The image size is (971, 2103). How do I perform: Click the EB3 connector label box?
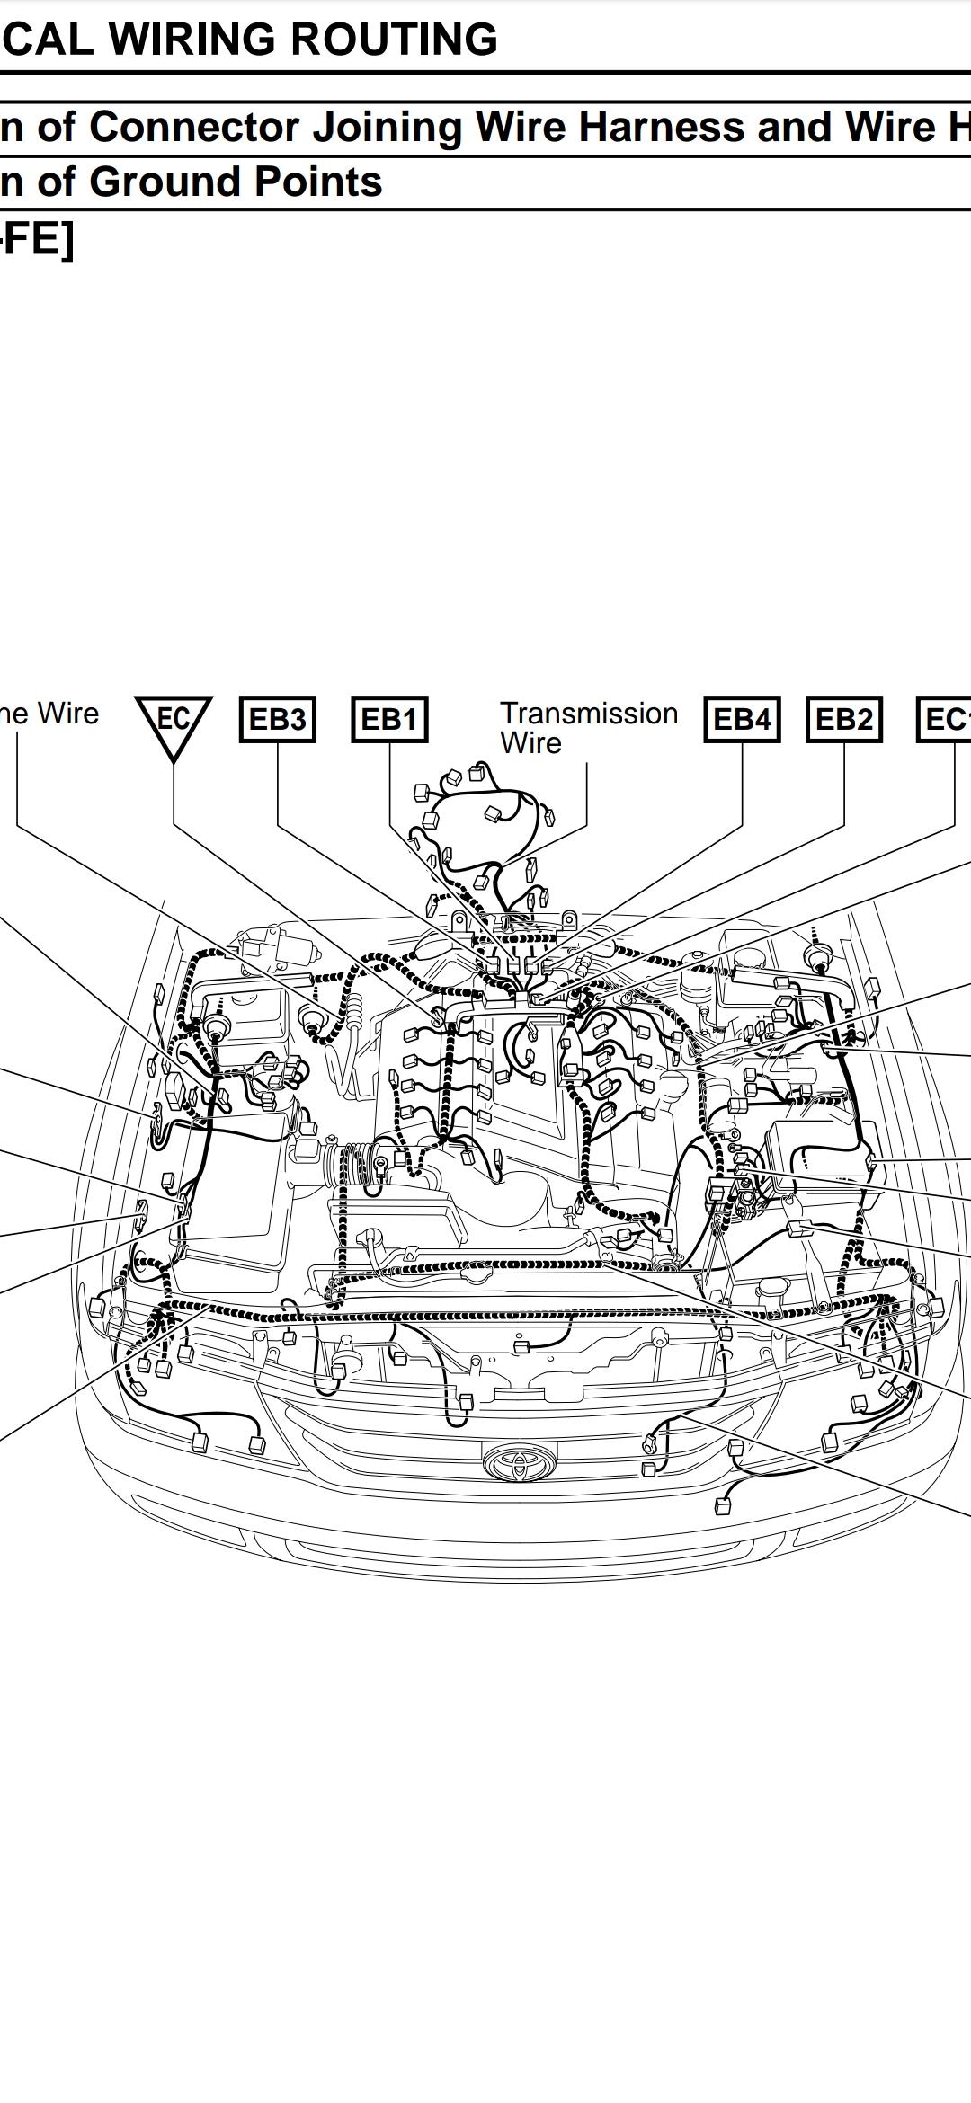pos(277,719)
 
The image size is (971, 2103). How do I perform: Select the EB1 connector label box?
pos(388,719)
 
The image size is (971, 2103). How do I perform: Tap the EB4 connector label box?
pos(742,719)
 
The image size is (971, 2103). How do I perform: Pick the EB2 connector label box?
pos(844,719)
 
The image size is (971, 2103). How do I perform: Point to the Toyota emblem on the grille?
pos(519,1462)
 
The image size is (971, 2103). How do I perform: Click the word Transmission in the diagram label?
pos(589,713)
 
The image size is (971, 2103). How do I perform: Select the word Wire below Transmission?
pos(530,743)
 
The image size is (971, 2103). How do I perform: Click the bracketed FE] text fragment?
pos(38,239)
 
